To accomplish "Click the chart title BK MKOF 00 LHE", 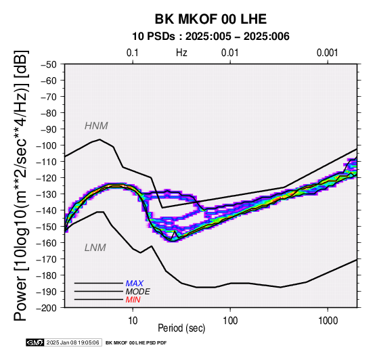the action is click(x=211, y=19).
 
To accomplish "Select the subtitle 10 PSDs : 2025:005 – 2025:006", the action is click(x=211, y=37).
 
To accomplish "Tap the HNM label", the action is click(x=96, y=126).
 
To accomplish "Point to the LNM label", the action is click(x=95, y=248).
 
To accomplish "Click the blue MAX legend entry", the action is click(x=135, y=284).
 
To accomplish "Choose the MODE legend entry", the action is click(x=138, y=292).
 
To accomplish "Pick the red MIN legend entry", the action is click(x=133, y=300).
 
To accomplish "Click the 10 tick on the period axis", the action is click(x=133, y=321).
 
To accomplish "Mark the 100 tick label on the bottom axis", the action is click(x=230, y=321).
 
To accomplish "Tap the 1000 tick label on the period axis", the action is click(x=328, y=321).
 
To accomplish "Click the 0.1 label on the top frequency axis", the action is click(x=133, y=53).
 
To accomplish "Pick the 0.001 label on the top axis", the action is click(x=327, y=53).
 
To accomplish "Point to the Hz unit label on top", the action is click(x=181, y=53).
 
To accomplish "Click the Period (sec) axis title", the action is click(x=181, y=328).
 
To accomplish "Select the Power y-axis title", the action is click(x=20, y=185).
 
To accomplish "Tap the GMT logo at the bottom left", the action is click(x=35, y=342).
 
